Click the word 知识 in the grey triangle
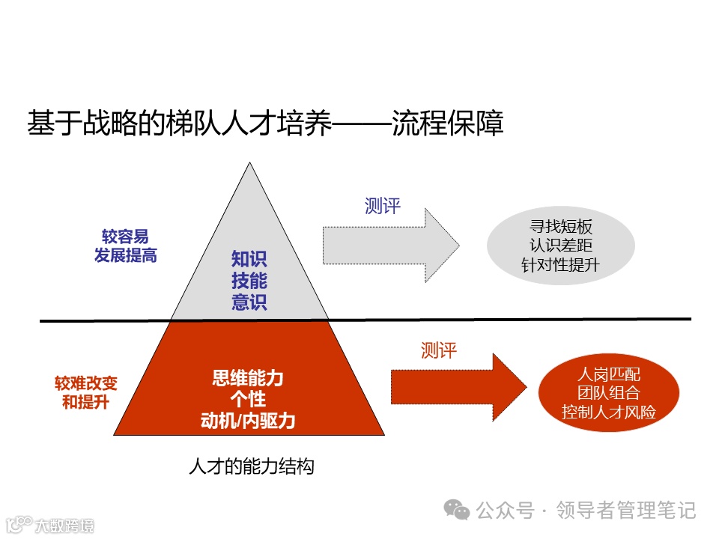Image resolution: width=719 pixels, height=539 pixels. pyautogui.click(x=249, y=260)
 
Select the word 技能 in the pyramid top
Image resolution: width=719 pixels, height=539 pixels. pyautogui.click(x=249, y=281)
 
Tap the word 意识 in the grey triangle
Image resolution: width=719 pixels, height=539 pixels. pyautogui.click(x=249, y=302)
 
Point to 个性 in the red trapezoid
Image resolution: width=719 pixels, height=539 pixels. pyautogui.click(x=248, y=399)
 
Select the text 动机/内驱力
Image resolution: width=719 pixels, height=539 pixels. pyautogui.click(x=248, y=421)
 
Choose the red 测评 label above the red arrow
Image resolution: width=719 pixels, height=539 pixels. pyautogui.click(x=439, y=350)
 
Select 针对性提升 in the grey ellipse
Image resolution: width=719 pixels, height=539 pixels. pyautogui.click(x=561, y=264)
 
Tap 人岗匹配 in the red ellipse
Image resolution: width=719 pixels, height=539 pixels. pyautogui.click(x=609, y=373)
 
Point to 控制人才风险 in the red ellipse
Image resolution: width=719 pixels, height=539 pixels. pyautogui.click(x=609, y=411)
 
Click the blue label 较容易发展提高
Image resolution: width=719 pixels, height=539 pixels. pyautogui.click(x=125, y=246)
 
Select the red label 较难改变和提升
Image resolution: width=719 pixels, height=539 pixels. pyautogui.click(x=85, y=392)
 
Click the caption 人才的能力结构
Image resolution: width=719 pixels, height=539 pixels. pyautogui.click(x=252, y=467)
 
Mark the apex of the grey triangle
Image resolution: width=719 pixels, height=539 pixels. pyautogui.click(x=249, y=163)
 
